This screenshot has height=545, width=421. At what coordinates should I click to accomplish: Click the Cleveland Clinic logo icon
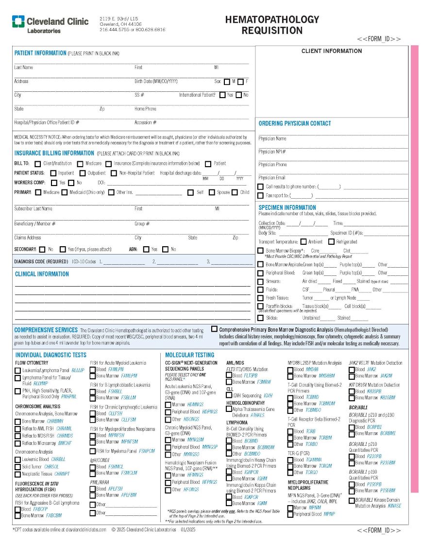click(x=18, y=22)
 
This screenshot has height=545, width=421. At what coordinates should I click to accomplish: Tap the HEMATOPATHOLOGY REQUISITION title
click(x=272, y=25)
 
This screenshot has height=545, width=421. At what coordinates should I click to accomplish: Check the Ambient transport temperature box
click(x=303, y=241)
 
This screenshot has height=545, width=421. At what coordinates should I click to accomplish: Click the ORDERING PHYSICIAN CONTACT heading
click(x=294, y=123)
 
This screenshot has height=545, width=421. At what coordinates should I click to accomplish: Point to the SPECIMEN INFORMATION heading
click(x=287, y=207)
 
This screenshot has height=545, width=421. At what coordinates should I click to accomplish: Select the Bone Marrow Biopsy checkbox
click(x=261, y=251)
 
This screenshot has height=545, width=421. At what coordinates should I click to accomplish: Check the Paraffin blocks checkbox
click(x=261, y=307)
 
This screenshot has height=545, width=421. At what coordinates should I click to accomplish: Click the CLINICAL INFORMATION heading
click(x=42, y=274)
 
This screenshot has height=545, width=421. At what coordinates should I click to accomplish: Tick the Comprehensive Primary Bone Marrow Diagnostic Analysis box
click(x=214, y=329)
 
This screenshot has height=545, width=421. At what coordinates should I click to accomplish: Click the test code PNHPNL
click(x=69, y=396)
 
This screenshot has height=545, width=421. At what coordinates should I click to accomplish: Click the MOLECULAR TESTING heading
click(x=189, y=355)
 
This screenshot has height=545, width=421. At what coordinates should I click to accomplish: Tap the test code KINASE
click(x=394, y=506)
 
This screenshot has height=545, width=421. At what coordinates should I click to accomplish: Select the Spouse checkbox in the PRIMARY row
click(x=212, y=192)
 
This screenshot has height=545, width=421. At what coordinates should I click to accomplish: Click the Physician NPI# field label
click(x=272, y=152)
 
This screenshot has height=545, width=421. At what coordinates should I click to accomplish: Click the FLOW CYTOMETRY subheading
click(x=32, y=363)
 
